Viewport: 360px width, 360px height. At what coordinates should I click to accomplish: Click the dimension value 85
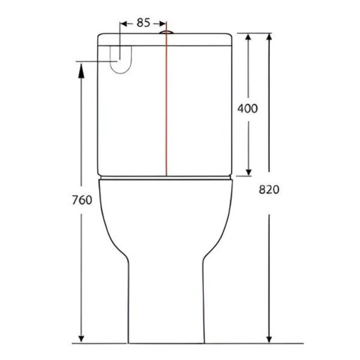(143, 23)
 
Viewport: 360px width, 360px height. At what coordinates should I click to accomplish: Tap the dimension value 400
(247, 109)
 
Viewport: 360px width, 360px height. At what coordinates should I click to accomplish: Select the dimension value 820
(269, 190)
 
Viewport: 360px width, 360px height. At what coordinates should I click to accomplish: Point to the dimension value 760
(82, 200)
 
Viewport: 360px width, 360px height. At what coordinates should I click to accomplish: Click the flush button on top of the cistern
(166, 32)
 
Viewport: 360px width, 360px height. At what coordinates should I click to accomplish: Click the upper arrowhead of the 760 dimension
(81, 71)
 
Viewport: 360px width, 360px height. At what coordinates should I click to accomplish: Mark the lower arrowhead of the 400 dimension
(248, 172)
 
